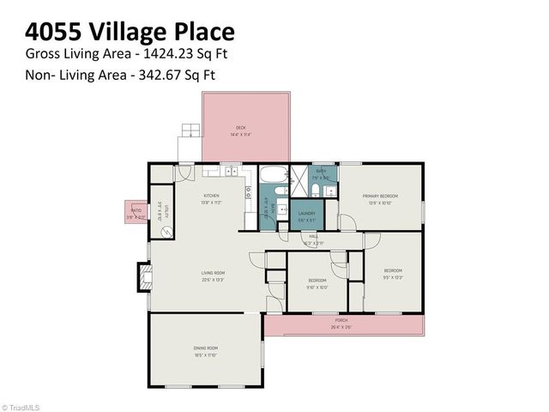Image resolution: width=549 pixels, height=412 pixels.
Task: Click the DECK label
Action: [x=240, y=128]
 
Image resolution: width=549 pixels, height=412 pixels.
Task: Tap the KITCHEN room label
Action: [x=212, y=196]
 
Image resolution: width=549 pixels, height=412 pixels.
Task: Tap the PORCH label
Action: [x=341, y=322]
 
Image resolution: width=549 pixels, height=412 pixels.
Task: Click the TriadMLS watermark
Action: [x=23, y=407]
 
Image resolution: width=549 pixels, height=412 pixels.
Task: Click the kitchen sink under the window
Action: [x=231, y=173]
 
